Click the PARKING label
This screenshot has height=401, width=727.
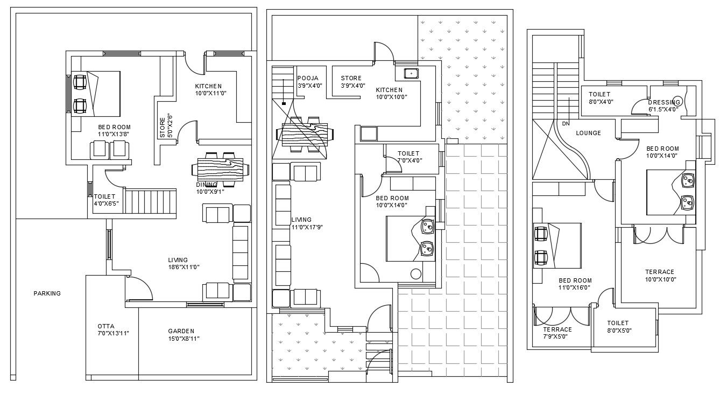tap(47, 293)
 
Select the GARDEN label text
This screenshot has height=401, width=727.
tap(180, 331)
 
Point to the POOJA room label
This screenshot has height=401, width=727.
tap(308, 78)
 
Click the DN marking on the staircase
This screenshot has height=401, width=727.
tap(565, 123)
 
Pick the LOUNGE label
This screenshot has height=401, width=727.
tap(588, 133)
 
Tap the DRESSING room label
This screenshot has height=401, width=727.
tap(665, 102)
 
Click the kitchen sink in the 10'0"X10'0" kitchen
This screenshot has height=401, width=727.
tap(411, 73)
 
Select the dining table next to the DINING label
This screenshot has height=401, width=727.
tap(221, 169)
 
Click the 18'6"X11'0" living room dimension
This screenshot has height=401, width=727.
tap(183, 267)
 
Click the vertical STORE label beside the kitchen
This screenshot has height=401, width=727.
tap(163, 128)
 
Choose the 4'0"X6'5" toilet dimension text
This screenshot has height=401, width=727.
tap(106, 203)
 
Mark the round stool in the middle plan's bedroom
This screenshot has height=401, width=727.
tap(415, 273)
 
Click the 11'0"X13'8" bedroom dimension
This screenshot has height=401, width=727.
tap(114, 134)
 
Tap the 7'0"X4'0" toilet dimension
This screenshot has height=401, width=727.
tap(410, 160)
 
